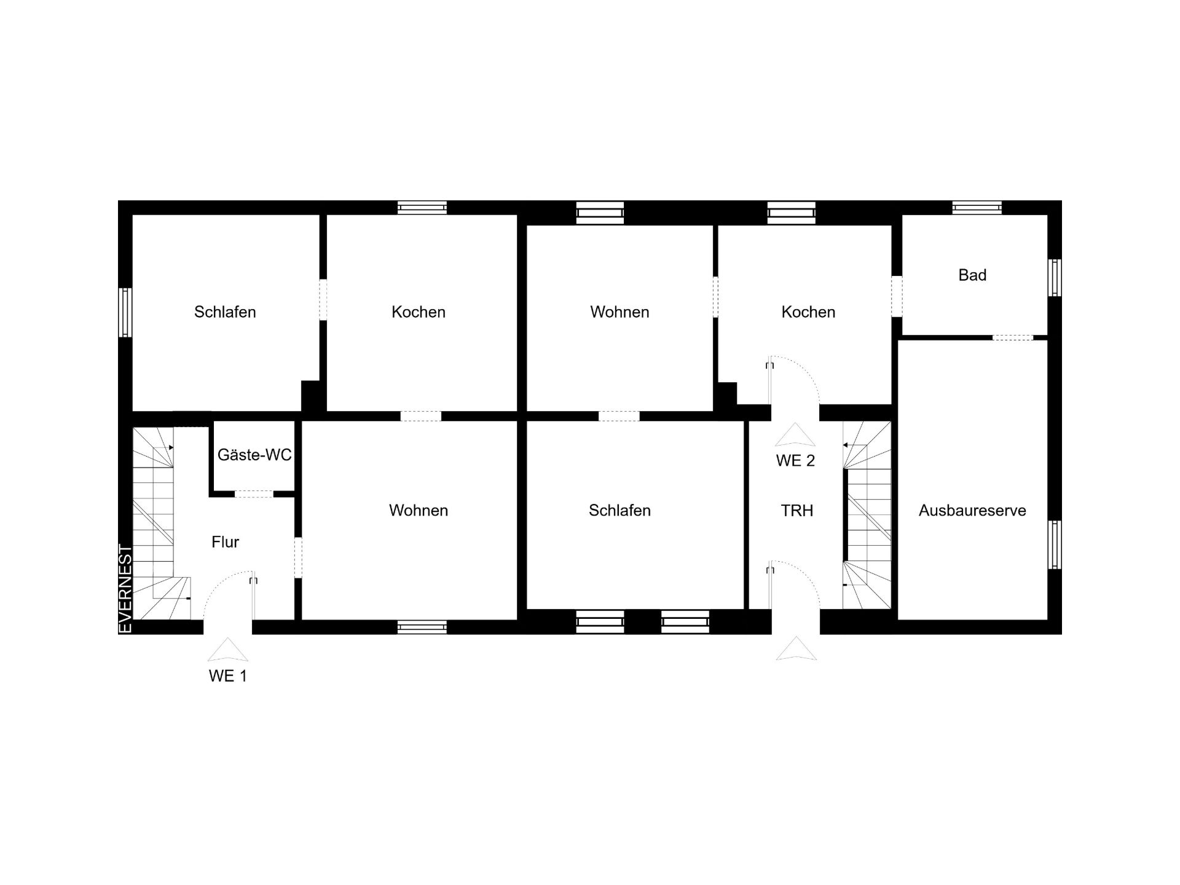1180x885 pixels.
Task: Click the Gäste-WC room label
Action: (x=254, y=455)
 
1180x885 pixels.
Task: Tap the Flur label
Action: (x=225, y=542)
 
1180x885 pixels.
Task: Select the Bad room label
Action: (x=972, y=275)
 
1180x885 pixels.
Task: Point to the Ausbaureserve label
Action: (x=972, y=511)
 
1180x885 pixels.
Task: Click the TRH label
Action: (x=796, y=511)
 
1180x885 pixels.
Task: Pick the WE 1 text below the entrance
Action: (x=228, y=676)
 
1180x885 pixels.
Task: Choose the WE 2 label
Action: (x=795, y=461)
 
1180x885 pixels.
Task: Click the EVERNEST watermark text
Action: (x=125, y=589)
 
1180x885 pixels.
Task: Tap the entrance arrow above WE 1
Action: (x=228, y=649)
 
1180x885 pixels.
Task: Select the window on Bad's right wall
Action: (x=1055, y=278)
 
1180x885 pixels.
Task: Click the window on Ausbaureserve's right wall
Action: (x=1055, y=545)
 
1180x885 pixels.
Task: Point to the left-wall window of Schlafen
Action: (x=125, y=313)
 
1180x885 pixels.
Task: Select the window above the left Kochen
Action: (x=422, y=208)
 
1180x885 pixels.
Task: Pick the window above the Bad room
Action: (x=977, y=208)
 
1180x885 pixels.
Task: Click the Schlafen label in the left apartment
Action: (x=225, y=312)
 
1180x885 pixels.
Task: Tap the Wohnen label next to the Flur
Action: (x=419, y=511)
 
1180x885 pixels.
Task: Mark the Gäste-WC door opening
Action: (x=254, y=494)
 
